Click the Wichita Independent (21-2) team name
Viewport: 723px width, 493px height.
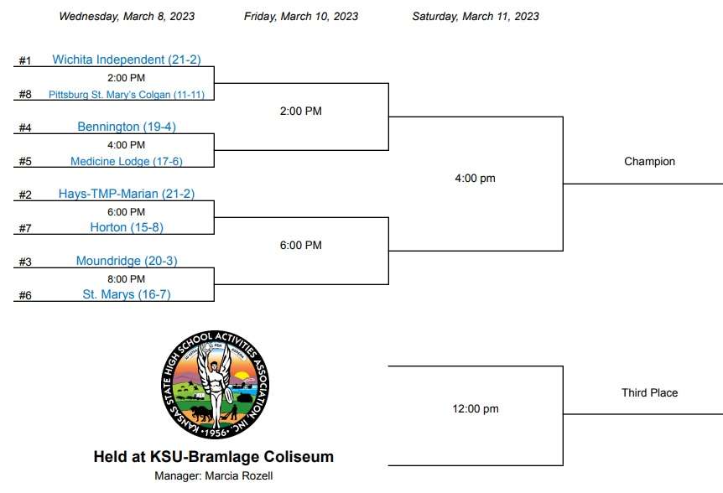pyautogui.click(x=127, y=60)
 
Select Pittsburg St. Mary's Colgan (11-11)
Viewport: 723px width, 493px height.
pyautogui.click(x=127, y=95)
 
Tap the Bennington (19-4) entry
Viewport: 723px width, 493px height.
pyautogui.click(x=127, y=127)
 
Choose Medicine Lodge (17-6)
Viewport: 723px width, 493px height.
pyautogui.click(x=127, y=161)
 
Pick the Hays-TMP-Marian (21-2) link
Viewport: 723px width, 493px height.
pyautogui.click(x=127, y=194)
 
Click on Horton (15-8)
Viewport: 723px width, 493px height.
pyautogui.click(x=127, y=227)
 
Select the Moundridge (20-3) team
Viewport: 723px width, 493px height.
pyautogui.click(x=127, y=261)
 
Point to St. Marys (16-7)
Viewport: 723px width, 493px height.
pyautogui.click(x=127, y=294)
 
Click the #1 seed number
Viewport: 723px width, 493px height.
pyautogui.click(x=25, y=61)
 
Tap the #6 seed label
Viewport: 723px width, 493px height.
pyautogui.click(x=25, y=295)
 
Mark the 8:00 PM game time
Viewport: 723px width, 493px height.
pyautogui.click(x=126, y=279)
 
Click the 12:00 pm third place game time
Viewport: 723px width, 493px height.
pyautogui.click(x=476, y=408)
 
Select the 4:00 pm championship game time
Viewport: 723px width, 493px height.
pyautogui.click(x=475, y=179)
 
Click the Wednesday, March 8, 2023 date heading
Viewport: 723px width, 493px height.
pyautogui.click(x=127, y=17)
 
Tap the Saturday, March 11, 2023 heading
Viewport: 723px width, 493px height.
pyautogui.click(x=476, y=17)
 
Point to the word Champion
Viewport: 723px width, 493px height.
pyautogui.click(x=649, y=162)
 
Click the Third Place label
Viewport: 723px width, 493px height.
pyautogui.click(x=649, y=392)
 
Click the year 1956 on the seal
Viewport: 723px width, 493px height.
pyautogui.click(x=216, y=433)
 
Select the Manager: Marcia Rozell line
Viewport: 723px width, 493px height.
pyautogui.click(x=214, y=476)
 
